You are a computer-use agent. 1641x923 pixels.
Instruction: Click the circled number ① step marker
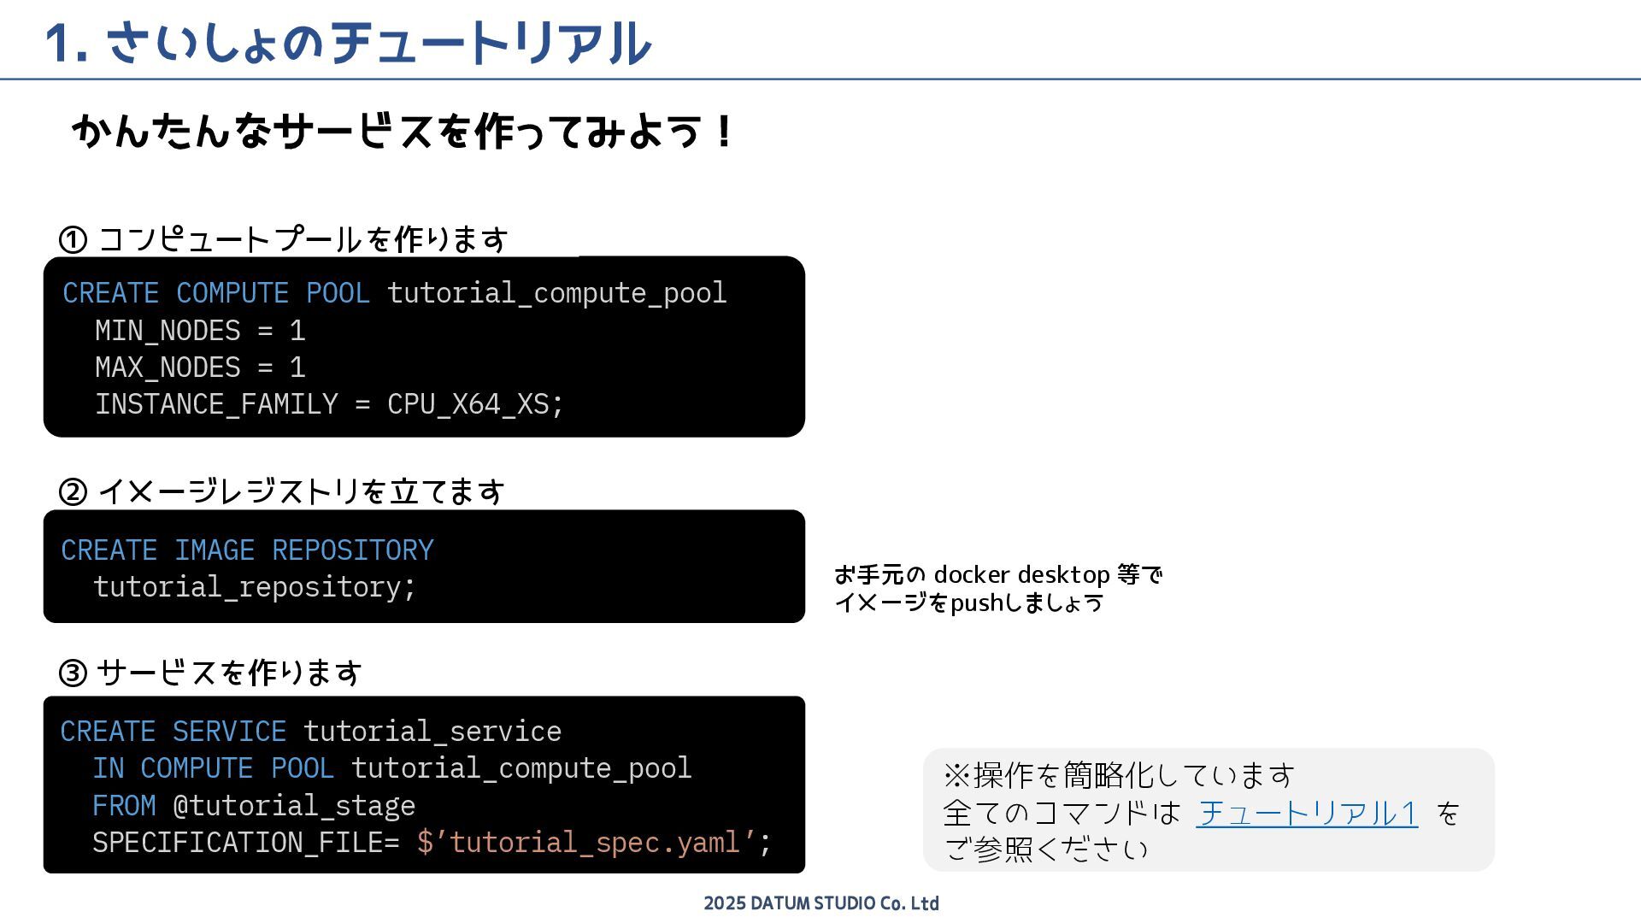[73, 240]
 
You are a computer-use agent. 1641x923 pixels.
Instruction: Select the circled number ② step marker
[73, 492]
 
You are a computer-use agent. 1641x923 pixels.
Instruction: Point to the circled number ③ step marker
[73, 673]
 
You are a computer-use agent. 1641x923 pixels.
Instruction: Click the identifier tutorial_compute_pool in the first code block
[556, 293]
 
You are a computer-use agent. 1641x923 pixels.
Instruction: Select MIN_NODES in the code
[168, 331]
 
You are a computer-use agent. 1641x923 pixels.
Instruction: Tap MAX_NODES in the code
[168, 367]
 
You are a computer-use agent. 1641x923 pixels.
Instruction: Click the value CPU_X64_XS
[468, 404]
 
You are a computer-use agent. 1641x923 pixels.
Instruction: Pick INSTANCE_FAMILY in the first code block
[216, 404]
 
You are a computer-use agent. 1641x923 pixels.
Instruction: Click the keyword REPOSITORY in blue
[352, 550]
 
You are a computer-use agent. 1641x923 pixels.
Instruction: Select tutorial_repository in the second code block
[253, 587]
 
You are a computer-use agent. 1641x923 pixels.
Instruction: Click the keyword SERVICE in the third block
[229, 732]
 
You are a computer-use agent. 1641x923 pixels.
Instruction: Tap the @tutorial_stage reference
[294, 806]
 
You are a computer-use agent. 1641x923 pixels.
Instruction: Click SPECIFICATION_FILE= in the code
[245, 843]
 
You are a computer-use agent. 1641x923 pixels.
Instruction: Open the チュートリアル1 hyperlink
[1307, 813]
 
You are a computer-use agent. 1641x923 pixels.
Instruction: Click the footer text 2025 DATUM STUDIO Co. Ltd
[820, 903]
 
